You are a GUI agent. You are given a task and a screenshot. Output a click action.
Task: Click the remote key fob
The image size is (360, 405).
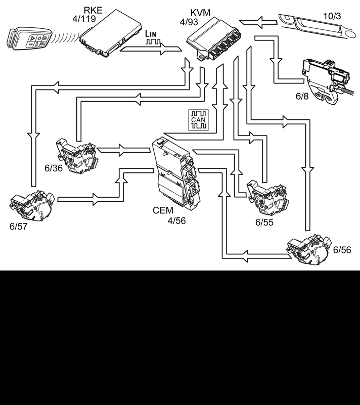click(29, 38)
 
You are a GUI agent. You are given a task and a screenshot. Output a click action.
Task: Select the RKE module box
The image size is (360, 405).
click(110, 33)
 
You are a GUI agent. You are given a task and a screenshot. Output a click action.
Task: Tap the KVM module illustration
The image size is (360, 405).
click(214, 39)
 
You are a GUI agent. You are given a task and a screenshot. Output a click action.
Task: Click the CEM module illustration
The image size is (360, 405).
click(176, 172)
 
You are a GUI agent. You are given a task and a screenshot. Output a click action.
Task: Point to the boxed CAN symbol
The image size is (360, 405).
click(198, 120)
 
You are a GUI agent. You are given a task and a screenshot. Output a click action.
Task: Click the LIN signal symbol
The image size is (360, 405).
click(152, 37)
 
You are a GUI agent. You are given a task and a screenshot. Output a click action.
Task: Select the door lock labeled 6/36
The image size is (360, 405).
click(77, 156)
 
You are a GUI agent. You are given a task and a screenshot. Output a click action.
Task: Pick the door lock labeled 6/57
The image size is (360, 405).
click(32, 206)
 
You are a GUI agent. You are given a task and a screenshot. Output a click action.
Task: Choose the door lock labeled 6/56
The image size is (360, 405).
click(308, 249)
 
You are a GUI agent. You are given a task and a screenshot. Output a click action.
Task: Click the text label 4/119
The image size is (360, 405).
click(84, 19)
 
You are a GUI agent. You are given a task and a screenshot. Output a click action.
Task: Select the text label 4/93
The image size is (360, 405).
click(189, 22)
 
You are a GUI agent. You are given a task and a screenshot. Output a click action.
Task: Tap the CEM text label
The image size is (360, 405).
click(163, 210)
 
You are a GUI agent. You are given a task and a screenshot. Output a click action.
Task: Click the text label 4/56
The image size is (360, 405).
click(176, 221)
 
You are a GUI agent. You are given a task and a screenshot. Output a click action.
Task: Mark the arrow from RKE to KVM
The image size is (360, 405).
click(151, 49)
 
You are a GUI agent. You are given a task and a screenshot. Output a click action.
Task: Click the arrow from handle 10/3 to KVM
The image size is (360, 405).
click(258, 22)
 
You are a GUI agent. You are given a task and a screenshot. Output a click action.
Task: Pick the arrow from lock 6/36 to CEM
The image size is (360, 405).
click(123, 150)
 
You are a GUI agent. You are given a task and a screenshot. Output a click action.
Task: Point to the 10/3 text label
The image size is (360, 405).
click(332, 16)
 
